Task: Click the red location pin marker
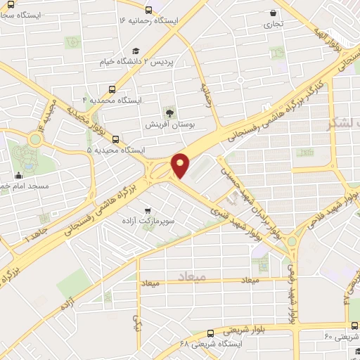181,165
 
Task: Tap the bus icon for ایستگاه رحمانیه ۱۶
148,10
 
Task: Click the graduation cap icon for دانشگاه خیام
136,50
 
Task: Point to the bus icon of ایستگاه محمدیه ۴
112,89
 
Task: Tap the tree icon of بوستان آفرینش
169,112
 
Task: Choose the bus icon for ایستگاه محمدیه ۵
116,139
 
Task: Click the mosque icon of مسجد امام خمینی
19,175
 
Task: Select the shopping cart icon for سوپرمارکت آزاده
147,210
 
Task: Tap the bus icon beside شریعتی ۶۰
352,325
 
